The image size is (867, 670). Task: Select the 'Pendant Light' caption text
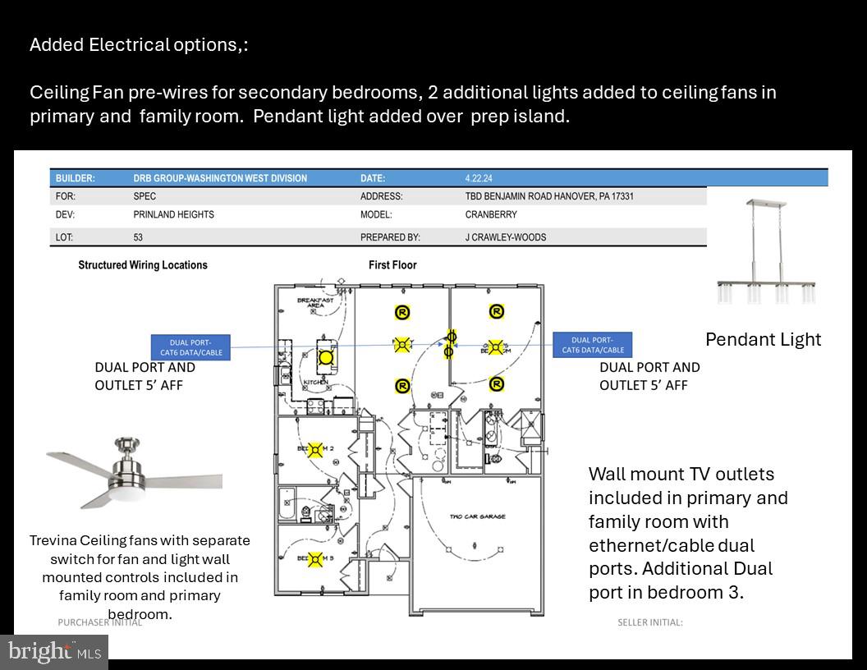coord(763,339)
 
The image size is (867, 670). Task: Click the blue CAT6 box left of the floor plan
coord(190,347)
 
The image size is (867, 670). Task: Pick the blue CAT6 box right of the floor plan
coord(592,345)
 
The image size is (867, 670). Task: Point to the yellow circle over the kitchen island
coord(327,357)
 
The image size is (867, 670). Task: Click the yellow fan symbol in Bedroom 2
coord(314,450)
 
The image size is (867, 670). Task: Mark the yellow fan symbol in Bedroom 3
coord(314,560)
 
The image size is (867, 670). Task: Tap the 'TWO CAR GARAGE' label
coord(477,516)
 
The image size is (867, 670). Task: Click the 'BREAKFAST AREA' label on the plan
coord(315,302)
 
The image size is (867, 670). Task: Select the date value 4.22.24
coord(479,178)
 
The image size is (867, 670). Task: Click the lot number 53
coord(139,237)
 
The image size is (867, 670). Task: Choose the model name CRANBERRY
coord(491,214)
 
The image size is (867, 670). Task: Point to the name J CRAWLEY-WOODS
coord(505,237)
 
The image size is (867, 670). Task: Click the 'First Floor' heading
coord(392,265)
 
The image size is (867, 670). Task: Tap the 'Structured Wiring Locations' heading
coord(143,265)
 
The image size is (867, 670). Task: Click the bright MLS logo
coord(54,652)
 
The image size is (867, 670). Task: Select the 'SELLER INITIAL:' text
coord(649,622)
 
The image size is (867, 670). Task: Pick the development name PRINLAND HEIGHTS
coord(173,214)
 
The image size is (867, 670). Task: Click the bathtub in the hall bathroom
coord(287,504)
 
